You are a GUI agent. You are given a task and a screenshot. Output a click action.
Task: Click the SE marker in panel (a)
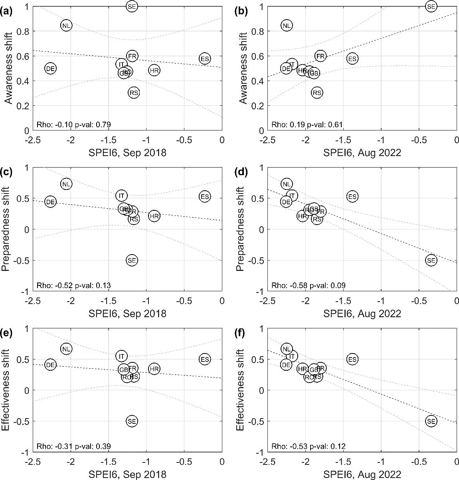(132, 6)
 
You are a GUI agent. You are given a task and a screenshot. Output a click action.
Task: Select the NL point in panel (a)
(66, 25)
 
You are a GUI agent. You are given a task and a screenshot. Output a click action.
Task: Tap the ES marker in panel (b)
(352, 59)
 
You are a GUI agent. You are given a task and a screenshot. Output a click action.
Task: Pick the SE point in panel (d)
(431, 261)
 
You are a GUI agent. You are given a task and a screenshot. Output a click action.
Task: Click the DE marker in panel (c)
(50, 202)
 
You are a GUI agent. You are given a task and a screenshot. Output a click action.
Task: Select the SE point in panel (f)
(431, 421)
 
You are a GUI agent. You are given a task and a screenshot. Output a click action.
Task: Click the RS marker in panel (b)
(317, 93)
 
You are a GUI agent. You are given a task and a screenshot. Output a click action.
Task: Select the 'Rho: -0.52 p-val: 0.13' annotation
(73, 285)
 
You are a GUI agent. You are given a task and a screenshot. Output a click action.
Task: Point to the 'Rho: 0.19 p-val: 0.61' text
(307, 125)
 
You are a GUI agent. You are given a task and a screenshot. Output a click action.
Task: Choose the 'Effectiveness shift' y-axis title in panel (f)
(241, 390)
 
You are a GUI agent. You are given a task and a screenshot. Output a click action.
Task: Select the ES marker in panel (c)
(205, 197)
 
